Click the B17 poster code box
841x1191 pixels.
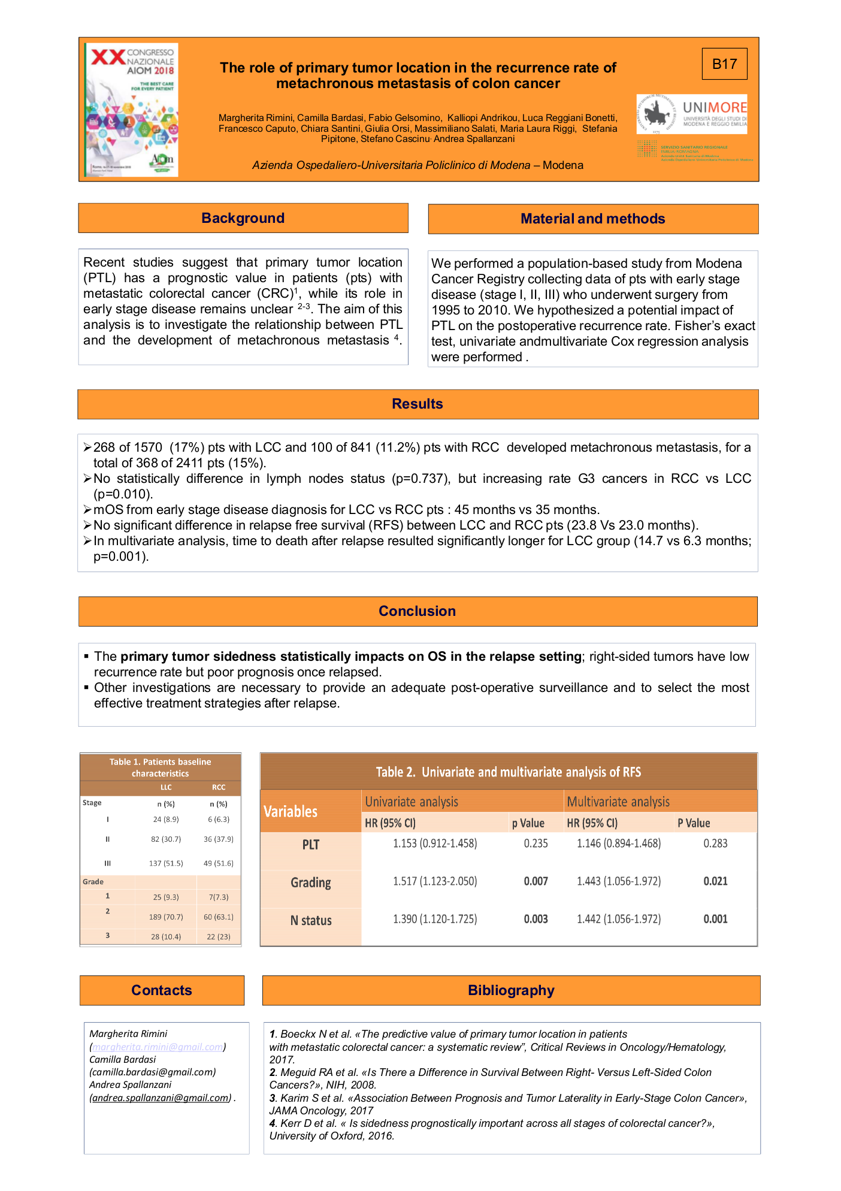[x=724, y=64]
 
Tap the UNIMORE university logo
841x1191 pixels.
[x=692, y=114]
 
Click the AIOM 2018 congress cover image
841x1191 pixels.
[x=131, y=110]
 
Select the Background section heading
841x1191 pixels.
[x=243, y=218]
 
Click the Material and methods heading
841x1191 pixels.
[x=593, y=219]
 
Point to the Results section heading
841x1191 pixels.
[x=418, y=404]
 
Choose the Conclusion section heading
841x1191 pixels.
[x=418, y=611]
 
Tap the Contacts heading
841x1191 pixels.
[x=162, y=990]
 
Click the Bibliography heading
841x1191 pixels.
[x=511, y=990]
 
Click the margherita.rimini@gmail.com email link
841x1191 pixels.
[x=158, y=1047]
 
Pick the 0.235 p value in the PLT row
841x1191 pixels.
[x=536, y=844]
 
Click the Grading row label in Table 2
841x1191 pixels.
[x=311, y=882]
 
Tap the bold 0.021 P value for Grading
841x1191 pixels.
[x=715, y=881]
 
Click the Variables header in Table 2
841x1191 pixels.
[x=291, y=812]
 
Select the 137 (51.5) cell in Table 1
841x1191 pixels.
[x=166, y=863]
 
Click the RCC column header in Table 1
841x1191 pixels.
[x=219, y=787]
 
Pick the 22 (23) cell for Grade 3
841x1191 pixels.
[x=219, y=936]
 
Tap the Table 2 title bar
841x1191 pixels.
[x=509, y=772]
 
